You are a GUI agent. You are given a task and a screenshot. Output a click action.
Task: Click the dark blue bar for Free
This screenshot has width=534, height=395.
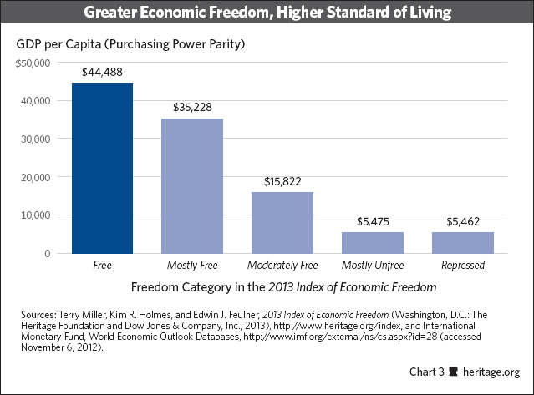click(102, 168)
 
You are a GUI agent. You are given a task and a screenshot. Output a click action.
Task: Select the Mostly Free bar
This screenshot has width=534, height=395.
click(192, 185)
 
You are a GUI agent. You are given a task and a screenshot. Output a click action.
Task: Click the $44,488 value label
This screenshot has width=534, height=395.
click(102, 73)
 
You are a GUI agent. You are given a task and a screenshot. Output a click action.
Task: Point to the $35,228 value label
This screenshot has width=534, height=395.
click(192, 108)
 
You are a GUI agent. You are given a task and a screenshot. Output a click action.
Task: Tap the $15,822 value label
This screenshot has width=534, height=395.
click(282, 181)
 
